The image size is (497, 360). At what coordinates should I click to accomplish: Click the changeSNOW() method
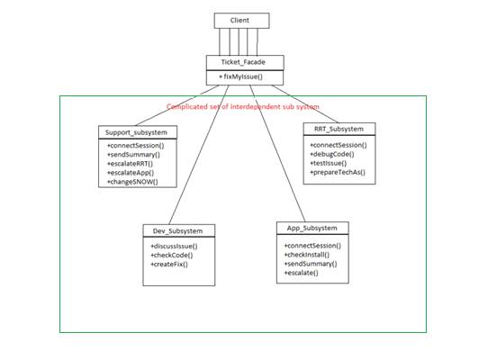pos(132,182)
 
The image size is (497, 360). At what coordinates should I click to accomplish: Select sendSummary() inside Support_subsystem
pos(133,154)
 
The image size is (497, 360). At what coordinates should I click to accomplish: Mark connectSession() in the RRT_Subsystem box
pos(339,143)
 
